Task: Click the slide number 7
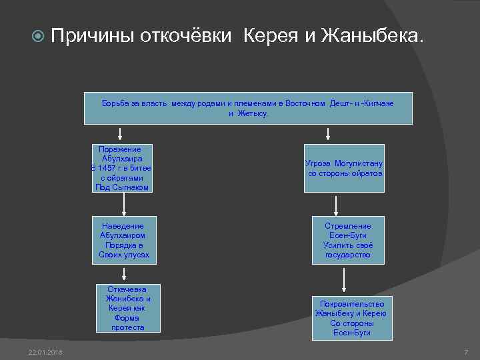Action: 466,351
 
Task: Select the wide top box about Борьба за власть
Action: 247,108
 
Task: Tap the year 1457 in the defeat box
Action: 108,168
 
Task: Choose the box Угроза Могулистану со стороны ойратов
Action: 344,168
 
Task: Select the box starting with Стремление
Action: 347,240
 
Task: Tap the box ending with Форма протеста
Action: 127,308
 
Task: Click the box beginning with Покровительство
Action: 351,318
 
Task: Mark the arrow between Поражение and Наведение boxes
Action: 124,204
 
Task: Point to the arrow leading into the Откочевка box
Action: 124,273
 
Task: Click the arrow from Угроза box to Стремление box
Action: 337,204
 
